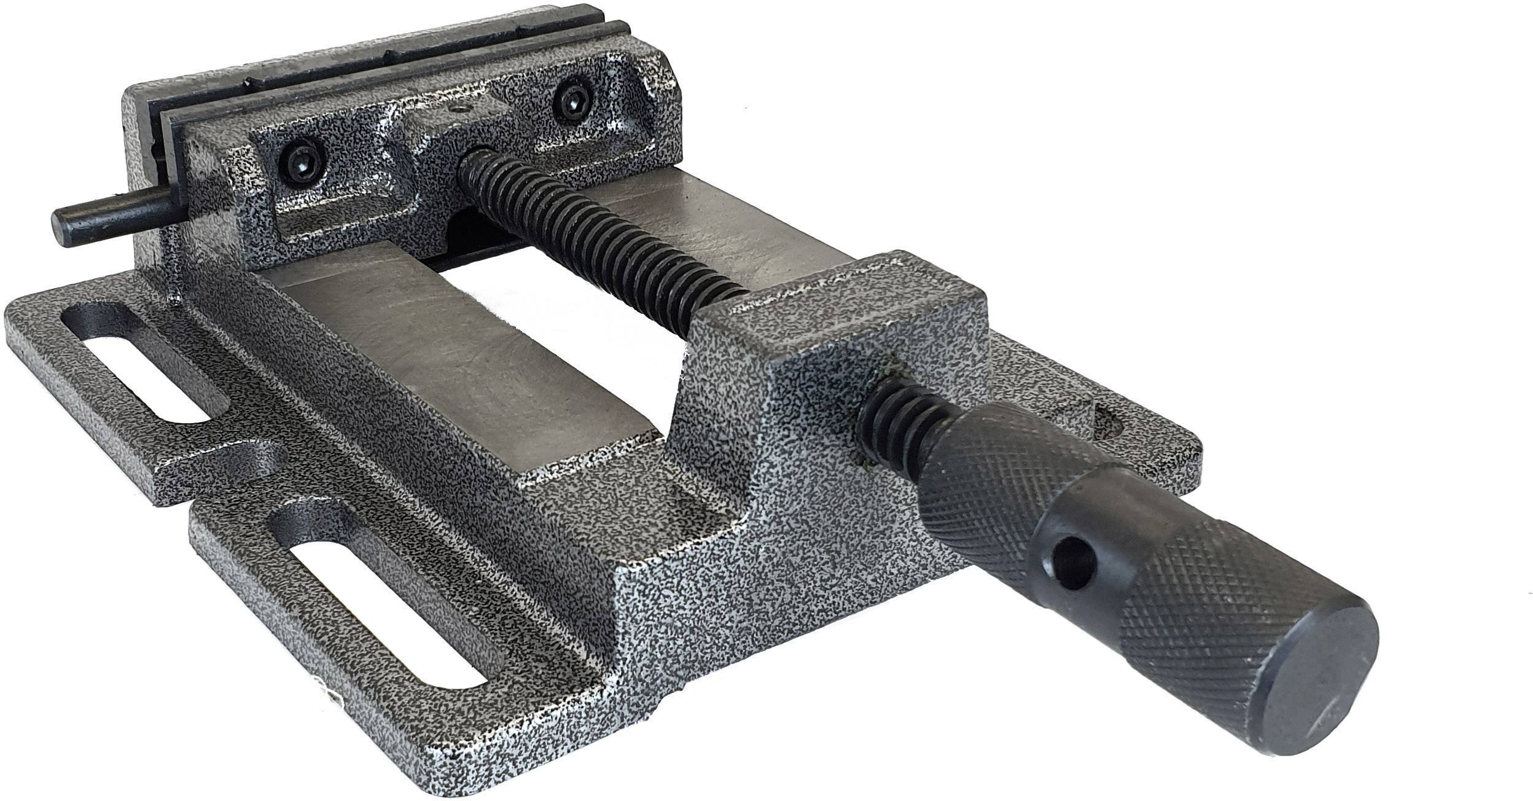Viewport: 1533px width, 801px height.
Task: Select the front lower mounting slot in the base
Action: (393, 587)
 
